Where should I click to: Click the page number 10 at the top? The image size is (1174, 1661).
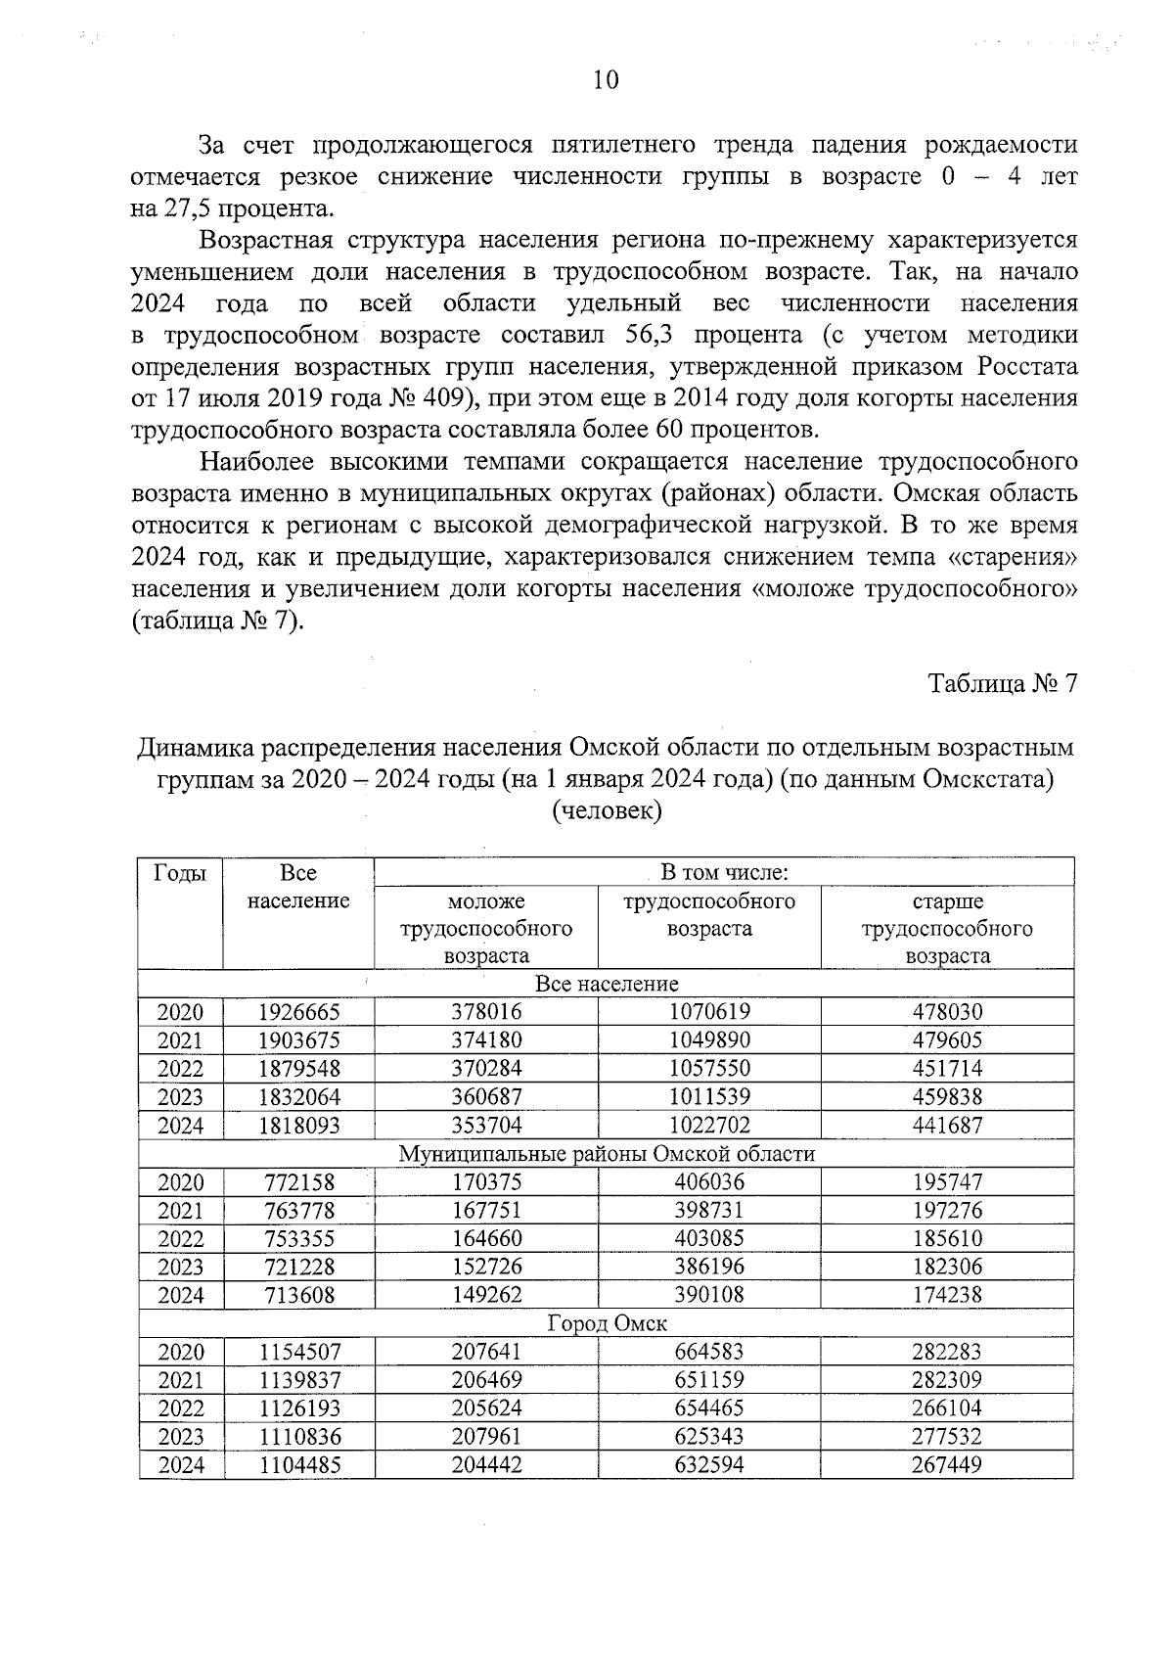click(x=606, y=80)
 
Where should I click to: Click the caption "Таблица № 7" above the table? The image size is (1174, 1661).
click(x=1002, y=683)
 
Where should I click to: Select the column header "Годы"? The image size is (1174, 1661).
click(x=180, y=873)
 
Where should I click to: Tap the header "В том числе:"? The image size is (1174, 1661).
click(x=724, y=872)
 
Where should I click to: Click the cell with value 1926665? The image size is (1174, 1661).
click(x=298, y=1012)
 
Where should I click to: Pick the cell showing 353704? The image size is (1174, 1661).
click(x=486, y=1126)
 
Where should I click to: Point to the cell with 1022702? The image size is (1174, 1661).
click(x=708, y=1126)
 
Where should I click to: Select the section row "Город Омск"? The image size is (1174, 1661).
click(x=607, y=1324)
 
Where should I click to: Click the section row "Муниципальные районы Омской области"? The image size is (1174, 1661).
click(x=607, y=1154)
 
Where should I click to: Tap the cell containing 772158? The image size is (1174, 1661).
click(x=298, y=1182)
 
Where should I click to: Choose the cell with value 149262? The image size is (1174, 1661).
click(x=486, y=1295)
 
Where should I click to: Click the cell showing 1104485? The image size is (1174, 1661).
click(x=298, y=1465)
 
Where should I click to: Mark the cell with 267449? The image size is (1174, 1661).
click(x=946, y=1465)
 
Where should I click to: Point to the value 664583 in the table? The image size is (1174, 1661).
click(x=708, y=1352)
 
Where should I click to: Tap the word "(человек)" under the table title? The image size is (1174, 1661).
click(x=607, y=810)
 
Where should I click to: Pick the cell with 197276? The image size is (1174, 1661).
click(x=946, y=1211)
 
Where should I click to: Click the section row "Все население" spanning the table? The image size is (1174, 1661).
click(x=607, y=984)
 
